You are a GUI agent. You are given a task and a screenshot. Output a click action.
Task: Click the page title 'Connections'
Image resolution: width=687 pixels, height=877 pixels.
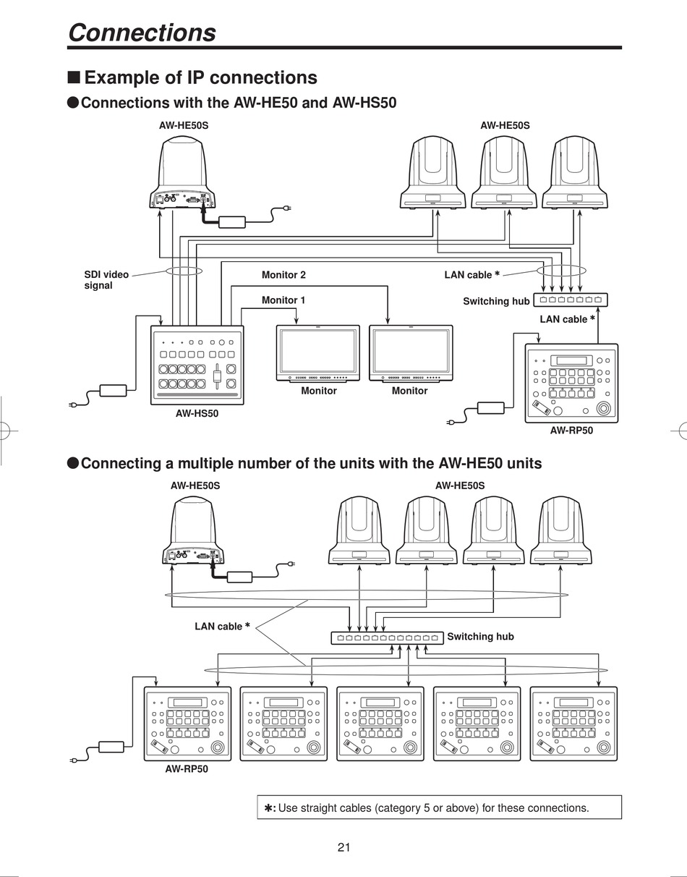click(142, 33)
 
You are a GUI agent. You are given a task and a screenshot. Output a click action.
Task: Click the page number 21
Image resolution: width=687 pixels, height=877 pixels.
click(343, 847)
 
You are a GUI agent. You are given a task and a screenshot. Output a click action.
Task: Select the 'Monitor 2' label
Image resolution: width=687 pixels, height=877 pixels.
click(283, 275)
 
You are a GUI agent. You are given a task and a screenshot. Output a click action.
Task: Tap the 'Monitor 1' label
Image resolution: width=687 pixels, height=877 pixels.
click(283, 300)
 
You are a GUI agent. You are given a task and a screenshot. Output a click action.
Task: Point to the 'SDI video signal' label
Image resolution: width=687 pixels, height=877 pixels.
click(106, 280)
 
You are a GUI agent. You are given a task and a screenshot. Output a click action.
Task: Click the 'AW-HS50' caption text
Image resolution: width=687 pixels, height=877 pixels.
click(197, 414)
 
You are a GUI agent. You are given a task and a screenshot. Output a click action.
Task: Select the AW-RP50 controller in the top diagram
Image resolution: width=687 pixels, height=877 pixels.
click(571, 383)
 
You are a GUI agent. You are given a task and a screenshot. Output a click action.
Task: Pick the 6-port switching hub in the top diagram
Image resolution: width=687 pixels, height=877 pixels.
click(571, 300)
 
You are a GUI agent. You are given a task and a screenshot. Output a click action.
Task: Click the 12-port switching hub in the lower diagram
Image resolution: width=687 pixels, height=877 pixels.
click(388, 637)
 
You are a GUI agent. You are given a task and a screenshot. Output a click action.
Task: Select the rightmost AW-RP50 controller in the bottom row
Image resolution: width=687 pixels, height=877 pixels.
click(573, 723)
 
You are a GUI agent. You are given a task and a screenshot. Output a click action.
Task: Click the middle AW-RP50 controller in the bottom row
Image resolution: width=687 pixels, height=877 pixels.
click(380, 723)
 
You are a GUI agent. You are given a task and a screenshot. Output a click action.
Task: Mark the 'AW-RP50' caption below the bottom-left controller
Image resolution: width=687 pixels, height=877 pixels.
click(187, 769)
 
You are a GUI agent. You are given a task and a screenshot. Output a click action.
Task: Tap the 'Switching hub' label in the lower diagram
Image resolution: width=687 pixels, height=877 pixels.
click(480, 637)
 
